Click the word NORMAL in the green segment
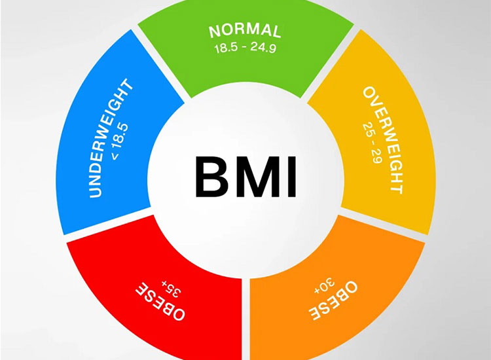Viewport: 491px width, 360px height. (x=245, y=31)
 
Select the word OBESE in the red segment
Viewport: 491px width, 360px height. (x=160, y=301)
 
